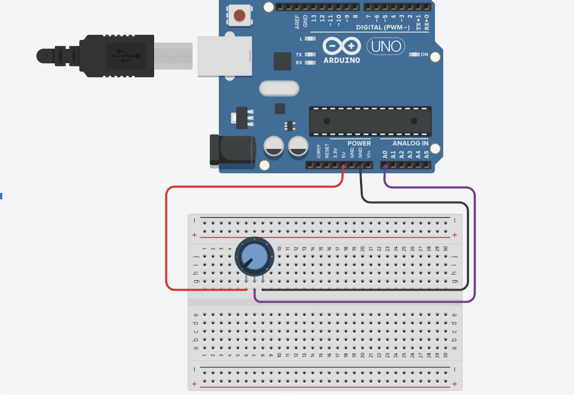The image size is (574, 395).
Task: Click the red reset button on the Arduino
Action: (239, 15)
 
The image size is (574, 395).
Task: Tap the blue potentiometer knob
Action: (252, 255)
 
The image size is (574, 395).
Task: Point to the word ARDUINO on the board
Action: (341, 60)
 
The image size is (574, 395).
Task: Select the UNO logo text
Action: (386, 46)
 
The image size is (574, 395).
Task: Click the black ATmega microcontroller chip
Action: (370, 121)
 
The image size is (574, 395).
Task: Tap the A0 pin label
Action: (385, 154)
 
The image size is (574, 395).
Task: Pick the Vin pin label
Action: (368, 154)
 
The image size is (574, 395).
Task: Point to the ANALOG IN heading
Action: (410, 143)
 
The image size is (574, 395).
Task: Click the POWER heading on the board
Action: (359, 143)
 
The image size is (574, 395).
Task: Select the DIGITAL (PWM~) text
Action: (383, 27)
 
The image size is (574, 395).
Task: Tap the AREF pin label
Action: (297, 21)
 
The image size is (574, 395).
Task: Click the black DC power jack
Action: (232, 150)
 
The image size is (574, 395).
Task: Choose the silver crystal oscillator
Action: (278, 88)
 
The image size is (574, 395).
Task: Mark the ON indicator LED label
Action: (424, 54)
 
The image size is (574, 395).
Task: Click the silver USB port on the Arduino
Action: (225, 56)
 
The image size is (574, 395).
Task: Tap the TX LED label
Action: (299, 54)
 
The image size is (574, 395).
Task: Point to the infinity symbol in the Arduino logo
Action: (341, 46)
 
